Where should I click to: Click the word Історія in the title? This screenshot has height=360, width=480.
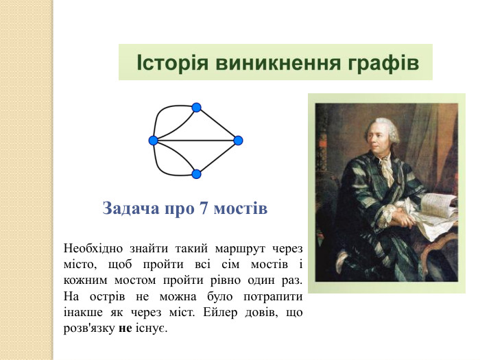click(172, 62)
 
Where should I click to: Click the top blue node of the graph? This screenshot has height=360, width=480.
click(196, 108)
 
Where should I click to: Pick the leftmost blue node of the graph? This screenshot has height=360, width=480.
click(153, 141)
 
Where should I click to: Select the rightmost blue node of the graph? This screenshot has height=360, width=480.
click(238, 141)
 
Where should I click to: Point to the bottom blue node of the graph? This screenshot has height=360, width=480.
click(196, 174)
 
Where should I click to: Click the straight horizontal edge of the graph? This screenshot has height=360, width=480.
click(195, 141)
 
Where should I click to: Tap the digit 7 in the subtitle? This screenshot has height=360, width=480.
click(203, 208)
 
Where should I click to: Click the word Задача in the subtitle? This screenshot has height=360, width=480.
click(131, 208)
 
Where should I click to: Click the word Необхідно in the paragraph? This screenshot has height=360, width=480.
click(93, 248)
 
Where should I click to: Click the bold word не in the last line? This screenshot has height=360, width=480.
click(125, 328)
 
